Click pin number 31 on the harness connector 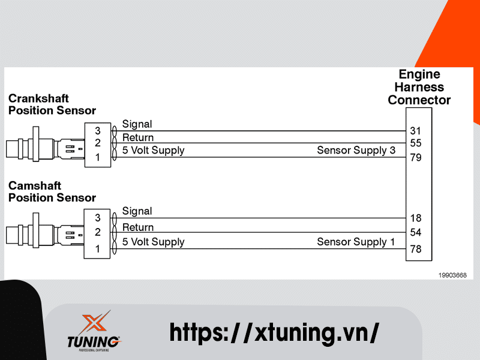click(416, 130)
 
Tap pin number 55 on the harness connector click(416, 143)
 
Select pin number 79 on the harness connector click(416, 158)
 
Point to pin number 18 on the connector click(416, 218)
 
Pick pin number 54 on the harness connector click(416, 232)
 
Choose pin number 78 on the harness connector click(416, 248)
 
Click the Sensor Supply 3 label click(356, 150)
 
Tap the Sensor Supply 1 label click(356, 242)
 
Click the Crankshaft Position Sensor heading click(52, 104)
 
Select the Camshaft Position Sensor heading click(52, 192)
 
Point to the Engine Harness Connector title click(419, 87)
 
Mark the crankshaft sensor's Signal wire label click(137, 124)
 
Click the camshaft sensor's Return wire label click(138, 227)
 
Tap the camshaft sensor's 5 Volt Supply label click(153, 242)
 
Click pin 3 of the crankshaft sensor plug click(98, 130)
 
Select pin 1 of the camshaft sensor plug click(98, 248)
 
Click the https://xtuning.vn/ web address click(274, 331)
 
